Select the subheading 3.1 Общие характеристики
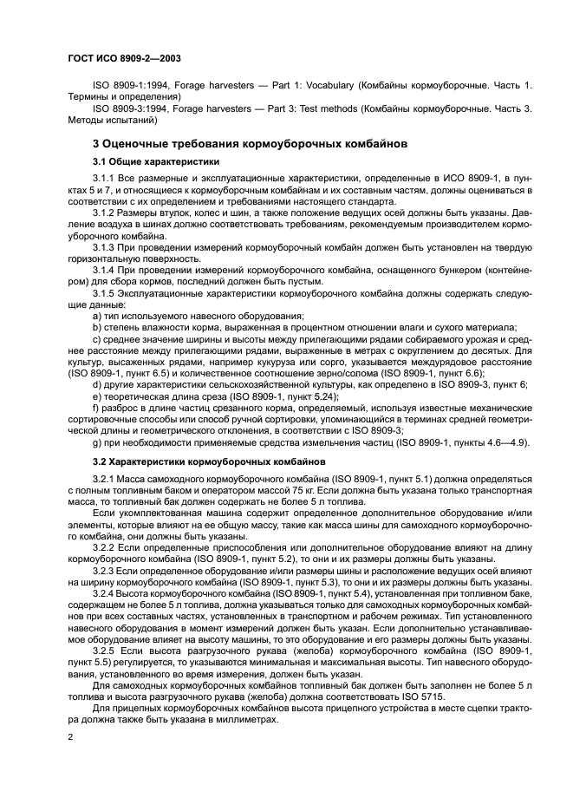pyautogui.click(x=156, y=162)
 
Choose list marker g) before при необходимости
pyautogui.click(x=97, y=442)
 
